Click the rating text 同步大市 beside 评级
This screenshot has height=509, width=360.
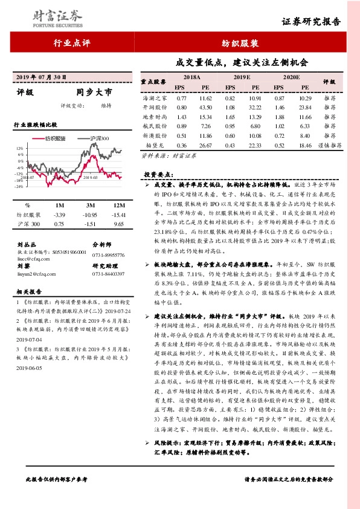94,93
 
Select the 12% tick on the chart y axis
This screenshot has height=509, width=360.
21,148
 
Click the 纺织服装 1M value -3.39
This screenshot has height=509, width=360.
59,215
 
